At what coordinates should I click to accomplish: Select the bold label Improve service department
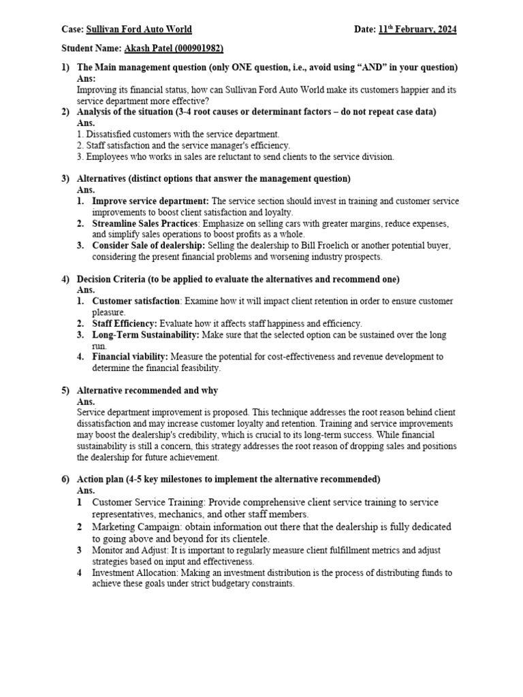(150, 201)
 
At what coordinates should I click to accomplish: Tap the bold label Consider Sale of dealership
(148, 246)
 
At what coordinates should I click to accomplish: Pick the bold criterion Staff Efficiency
(125, 323)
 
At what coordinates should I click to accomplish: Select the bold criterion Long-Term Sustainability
(146, 335)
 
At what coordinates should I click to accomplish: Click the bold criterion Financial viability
(130, 357)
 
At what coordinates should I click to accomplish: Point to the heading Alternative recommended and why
(147, 391)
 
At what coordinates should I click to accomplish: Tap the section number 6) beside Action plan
(65, 479)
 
